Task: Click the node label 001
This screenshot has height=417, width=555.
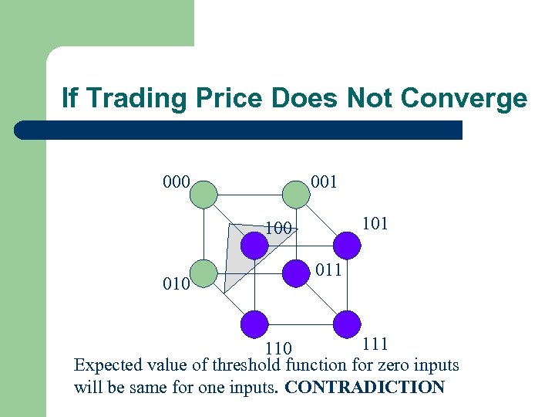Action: (323, 183)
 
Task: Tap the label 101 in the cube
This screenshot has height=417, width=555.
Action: (375, 224)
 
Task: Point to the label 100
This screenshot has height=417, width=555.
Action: (277, 229)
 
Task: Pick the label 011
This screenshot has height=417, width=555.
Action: (328, 270)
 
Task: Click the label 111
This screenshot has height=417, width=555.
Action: (375, 344)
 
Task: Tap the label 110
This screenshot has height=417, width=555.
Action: (278, 350)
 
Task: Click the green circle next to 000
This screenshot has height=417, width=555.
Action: (203, 192)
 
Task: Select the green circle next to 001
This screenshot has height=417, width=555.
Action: (295, 192)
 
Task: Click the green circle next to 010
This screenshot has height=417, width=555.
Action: (203, 273)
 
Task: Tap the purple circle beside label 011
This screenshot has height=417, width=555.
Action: (296, 272)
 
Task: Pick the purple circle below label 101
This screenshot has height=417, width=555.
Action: (348, 245)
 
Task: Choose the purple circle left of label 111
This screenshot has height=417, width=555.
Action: (348, 324)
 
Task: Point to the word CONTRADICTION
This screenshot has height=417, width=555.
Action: (365, 387)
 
